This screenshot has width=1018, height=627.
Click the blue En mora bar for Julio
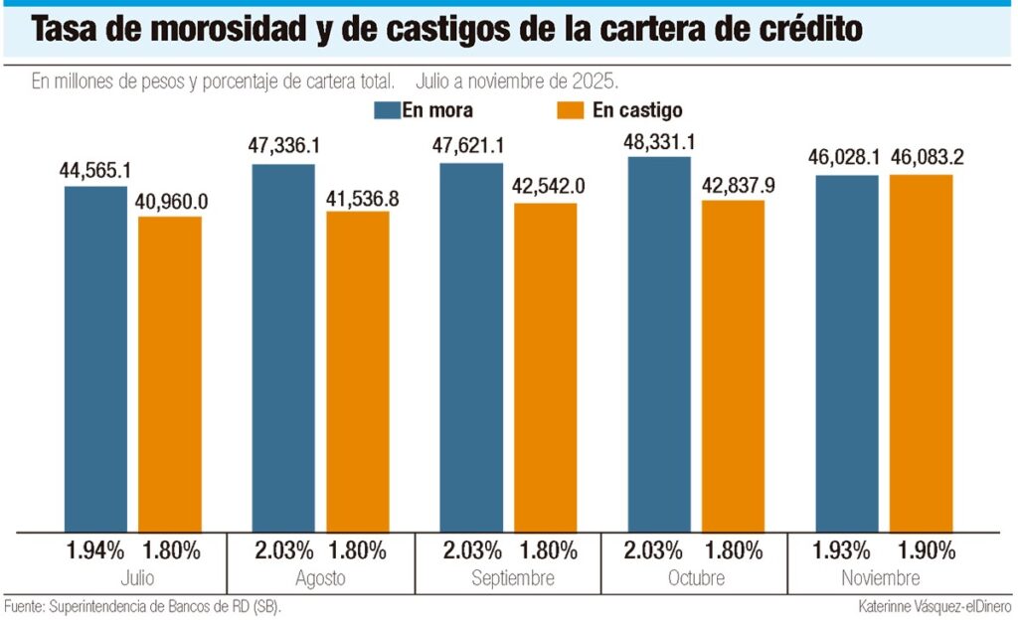point(96,358)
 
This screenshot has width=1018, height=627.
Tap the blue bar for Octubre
point(659,343)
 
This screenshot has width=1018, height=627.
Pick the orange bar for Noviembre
point(921,353)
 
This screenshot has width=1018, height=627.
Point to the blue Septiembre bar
point(471,347)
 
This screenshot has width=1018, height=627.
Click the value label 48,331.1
point(659,141)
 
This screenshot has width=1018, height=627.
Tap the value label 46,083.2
point(922,157)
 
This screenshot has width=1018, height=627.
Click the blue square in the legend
point(387,109)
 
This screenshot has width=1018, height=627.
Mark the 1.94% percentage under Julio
point(96,550)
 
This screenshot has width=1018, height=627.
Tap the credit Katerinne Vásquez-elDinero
point(935,605)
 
